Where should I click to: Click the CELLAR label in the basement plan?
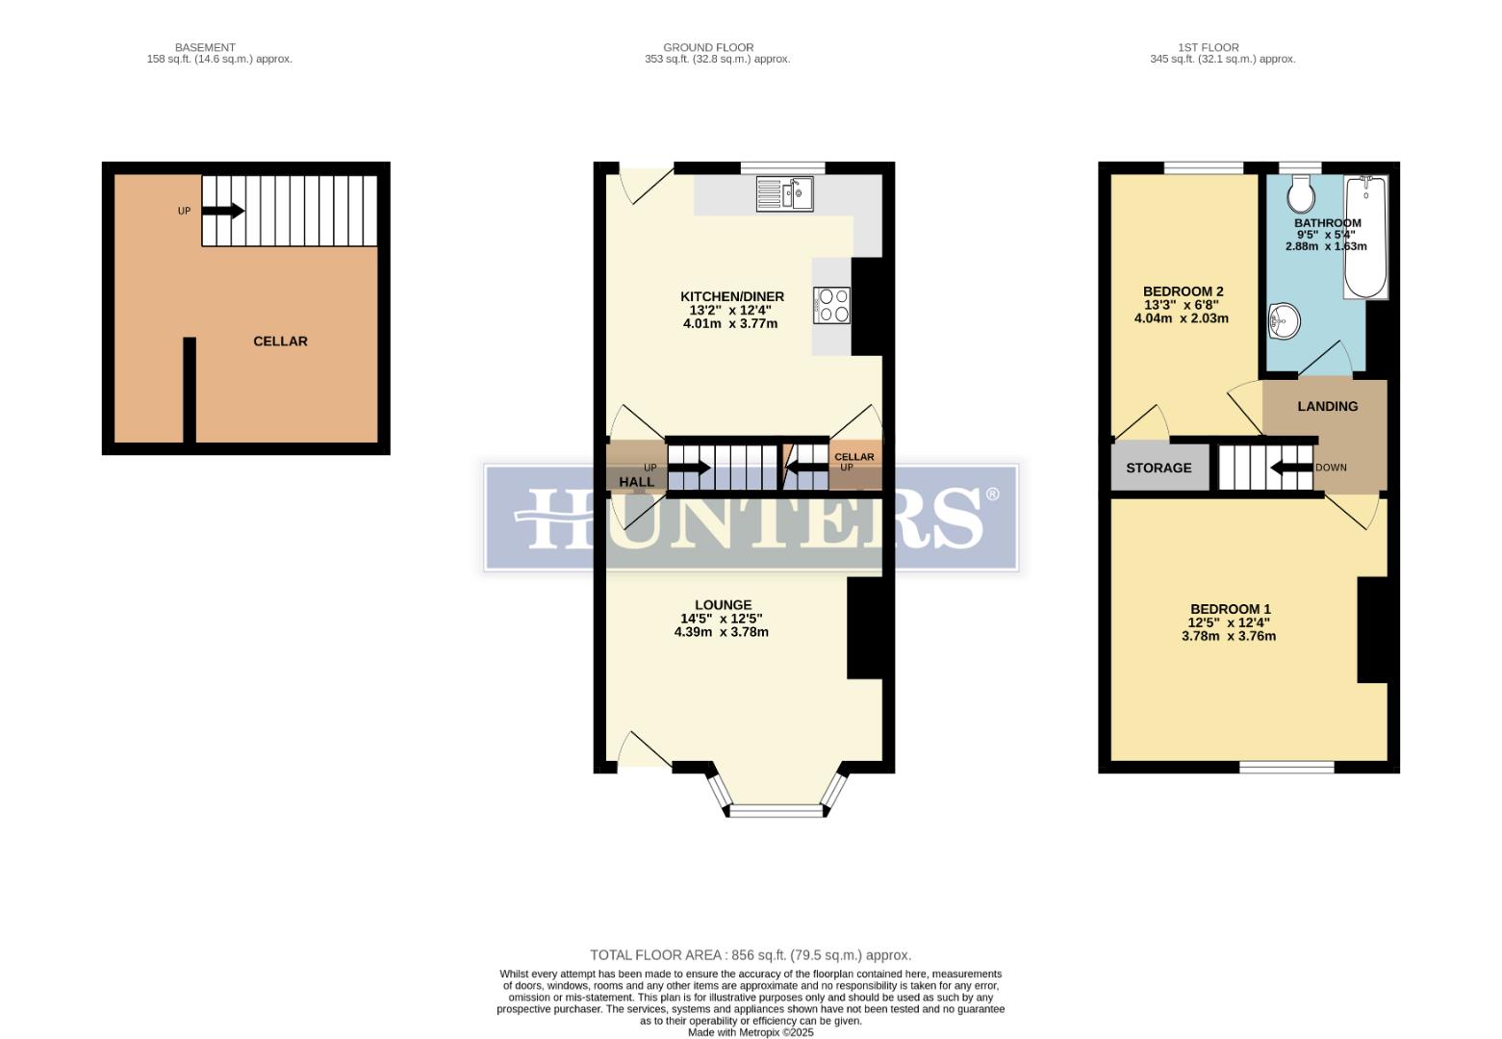pos(280,342)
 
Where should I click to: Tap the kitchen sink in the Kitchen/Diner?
pos(784,193)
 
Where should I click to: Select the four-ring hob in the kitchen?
pos(832,306)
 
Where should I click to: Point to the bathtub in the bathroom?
pos(1365,238)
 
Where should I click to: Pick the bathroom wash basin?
pos(1283,321)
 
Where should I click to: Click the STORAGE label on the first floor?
pos(1158,469)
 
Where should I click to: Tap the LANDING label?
pos(1327,407)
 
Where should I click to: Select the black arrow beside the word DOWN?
pos(1290,469)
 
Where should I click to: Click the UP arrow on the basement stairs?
pos(223,212)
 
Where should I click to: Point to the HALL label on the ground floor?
pos(636,482)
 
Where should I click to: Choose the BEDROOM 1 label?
pos(1230,609)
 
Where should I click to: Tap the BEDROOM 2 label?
pos(1183,291)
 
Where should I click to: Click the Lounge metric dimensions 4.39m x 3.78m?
pos(721,633)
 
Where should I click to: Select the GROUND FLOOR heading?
pos(707,47)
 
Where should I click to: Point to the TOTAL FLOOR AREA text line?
pos(750,955)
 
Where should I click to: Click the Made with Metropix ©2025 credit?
pos(750,1032)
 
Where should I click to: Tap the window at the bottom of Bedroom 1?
pos(1286,767)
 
